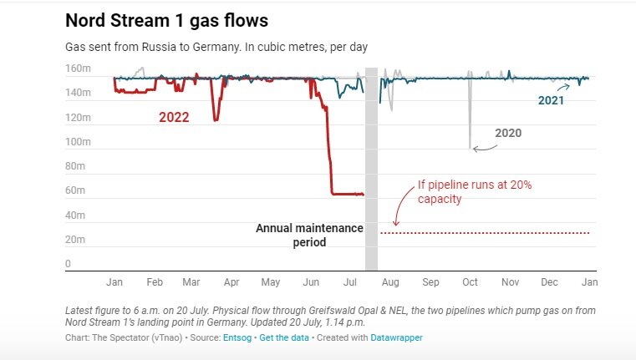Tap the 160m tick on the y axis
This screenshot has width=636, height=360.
click(x=77, y=68)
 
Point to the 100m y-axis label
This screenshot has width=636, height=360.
click(x=77, y=142)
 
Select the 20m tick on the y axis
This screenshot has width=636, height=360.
click(x=75, y=240)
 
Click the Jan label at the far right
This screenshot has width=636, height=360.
click(x=589, y=282)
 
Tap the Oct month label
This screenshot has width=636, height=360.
click(x=471, y=282)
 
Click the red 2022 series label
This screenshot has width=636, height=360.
click(x=174, y=118)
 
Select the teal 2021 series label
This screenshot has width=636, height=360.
click(x=551, y=100)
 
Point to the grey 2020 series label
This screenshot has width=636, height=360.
click(x=509, y=132)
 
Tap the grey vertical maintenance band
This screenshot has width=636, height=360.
click(x=371, y=167)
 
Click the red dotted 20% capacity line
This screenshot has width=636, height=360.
click(x=485, y=232)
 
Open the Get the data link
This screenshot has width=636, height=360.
click(x=284, y=337)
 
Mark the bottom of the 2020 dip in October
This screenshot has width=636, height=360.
click(x=470, y=147)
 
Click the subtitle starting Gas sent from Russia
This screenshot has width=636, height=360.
click(x=217, y=47)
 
